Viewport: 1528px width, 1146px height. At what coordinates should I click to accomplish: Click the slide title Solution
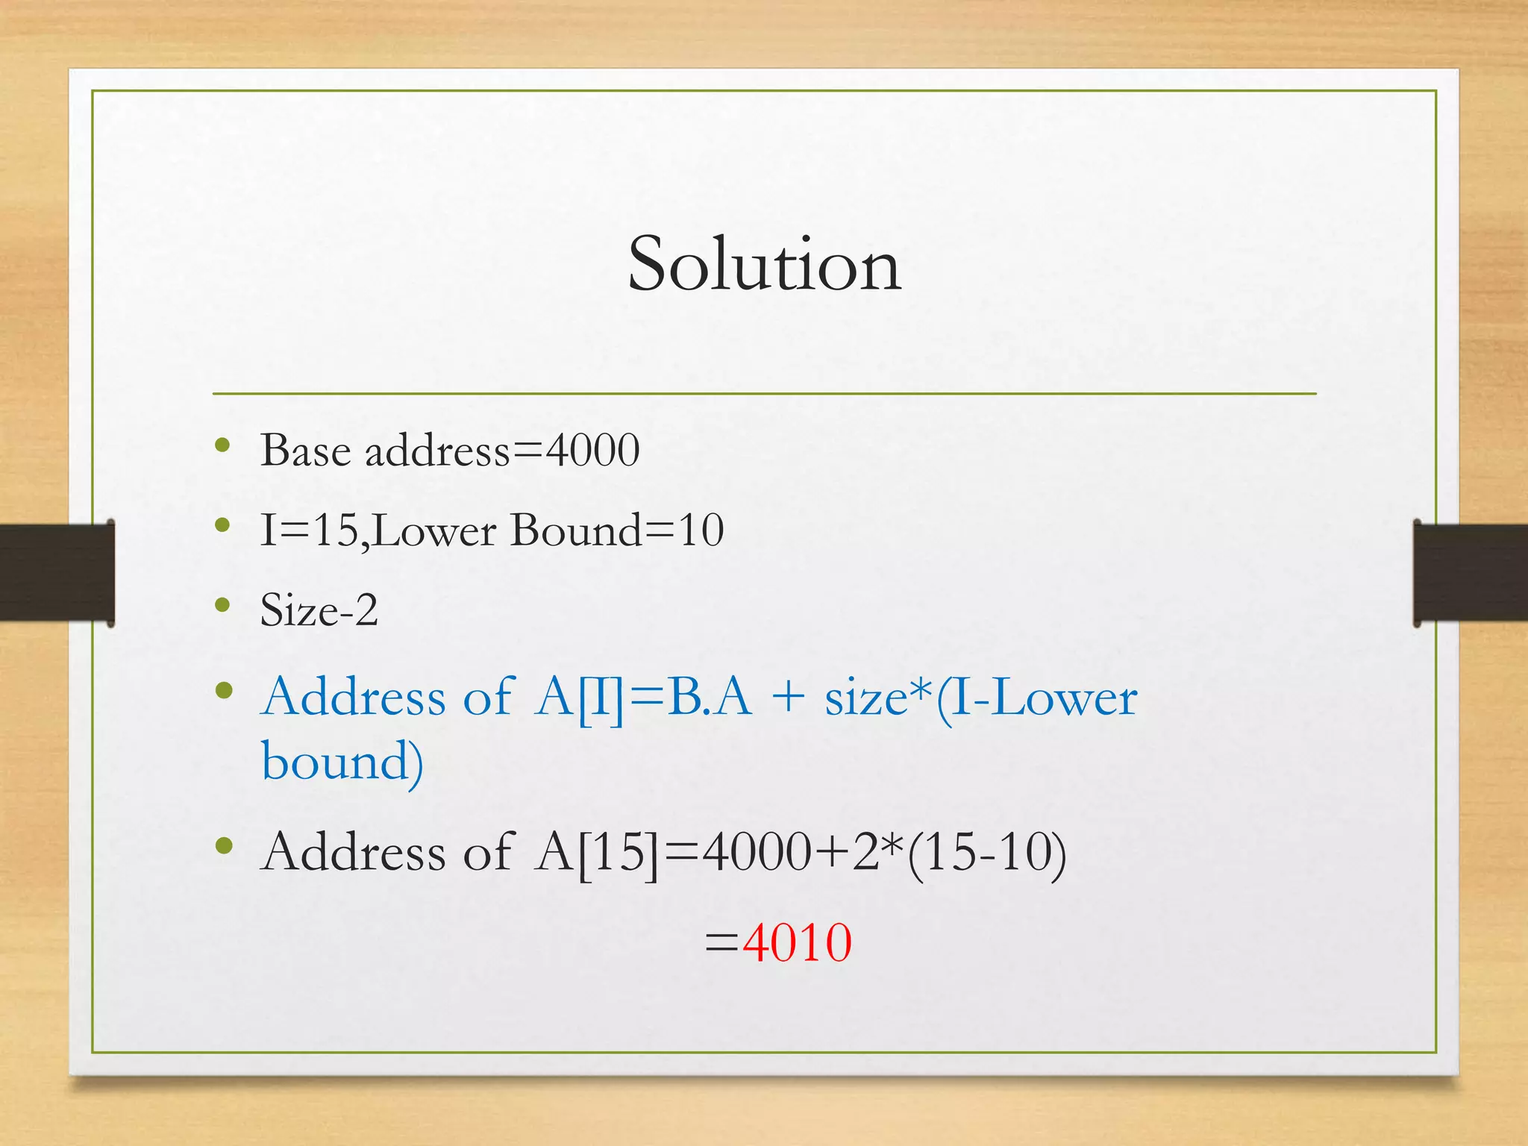pos(764,264)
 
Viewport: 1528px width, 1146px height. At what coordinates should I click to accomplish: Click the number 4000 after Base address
pos(592,451)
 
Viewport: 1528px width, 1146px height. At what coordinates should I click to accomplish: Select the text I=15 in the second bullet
pos(309,530)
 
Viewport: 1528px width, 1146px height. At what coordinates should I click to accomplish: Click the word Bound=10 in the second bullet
pos(616,530)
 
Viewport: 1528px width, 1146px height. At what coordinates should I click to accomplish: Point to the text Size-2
pos(319,610)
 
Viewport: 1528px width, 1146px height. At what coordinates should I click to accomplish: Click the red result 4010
pos(797,943)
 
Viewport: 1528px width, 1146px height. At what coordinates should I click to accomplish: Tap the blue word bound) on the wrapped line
pos(342,763)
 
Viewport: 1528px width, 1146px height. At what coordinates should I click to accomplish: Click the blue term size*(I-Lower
pos(980,698)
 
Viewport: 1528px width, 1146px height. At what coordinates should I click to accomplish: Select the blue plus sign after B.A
pos(789,698)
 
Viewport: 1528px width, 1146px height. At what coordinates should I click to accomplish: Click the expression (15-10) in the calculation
pos(986,854)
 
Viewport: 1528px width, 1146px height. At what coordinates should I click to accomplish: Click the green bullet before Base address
pos(222,445)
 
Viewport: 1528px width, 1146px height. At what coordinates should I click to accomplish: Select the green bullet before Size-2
pos(222,604)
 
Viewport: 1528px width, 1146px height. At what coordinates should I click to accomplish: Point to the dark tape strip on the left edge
pos(57,573)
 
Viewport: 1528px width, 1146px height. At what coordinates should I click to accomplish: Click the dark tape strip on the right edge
pos(1470,573)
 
